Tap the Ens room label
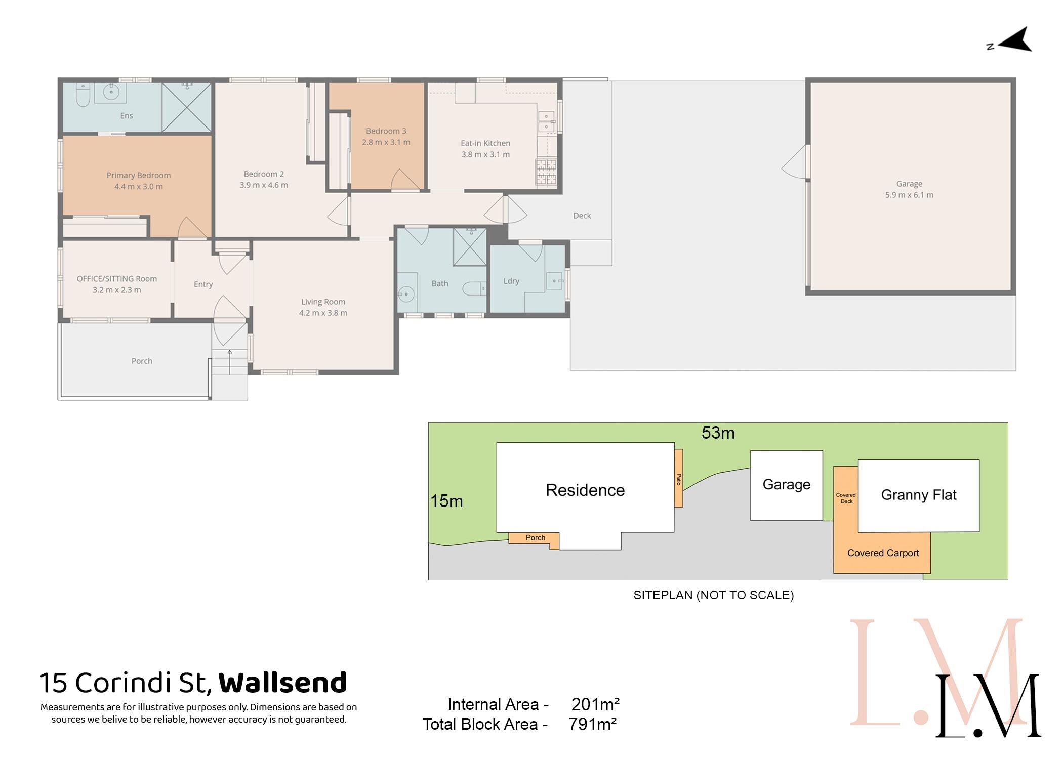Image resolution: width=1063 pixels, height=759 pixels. pos(127,116)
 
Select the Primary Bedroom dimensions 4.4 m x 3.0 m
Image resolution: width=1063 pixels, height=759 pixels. pos(139,187)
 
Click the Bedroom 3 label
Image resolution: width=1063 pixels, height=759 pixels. pos(386,131)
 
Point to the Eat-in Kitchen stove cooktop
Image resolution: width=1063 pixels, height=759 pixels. pos(546,172)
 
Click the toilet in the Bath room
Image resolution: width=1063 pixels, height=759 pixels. pos(474,288)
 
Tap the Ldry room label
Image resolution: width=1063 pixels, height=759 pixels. pos(511,281)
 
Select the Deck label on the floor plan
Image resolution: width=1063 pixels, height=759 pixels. pos(582,216)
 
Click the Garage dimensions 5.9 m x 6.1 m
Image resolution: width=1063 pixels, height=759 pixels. pos(909,195)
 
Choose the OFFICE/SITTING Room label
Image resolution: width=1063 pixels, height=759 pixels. pos(117,279)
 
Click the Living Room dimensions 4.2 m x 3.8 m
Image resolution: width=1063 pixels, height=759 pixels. pos(323,313)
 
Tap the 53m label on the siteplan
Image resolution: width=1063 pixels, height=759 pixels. pos(718,433)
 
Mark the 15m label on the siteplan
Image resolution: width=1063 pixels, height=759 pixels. pos(446,501)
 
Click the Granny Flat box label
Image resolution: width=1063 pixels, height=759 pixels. pos(919,495)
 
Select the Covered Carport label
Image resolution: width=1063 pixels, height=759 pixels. pos(883,553)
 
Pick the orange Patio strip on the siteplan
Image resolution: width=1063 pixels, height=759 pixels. pos(678,478)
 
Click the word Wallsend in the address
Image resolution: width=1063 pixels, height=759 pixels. pos(282,683)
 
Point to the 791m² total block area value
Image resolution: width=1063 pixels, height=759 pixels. pos(593,725)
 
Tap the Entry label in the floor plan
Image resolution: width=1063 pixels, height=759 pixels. pos(203,285)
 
